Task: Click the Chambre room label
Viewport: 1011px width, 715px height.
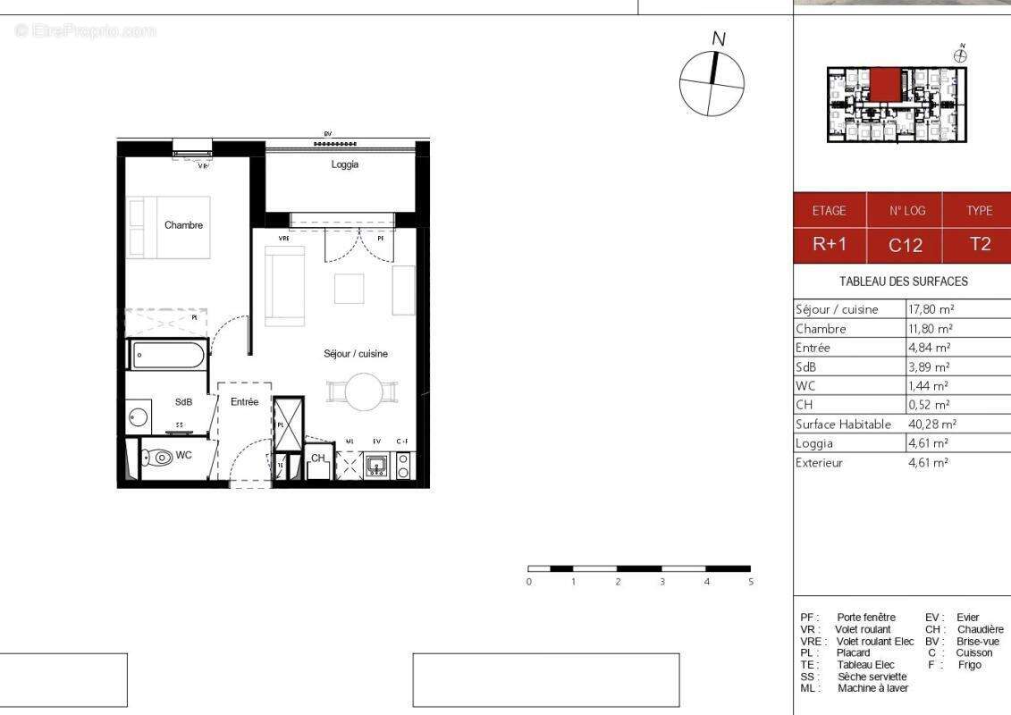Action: [x=183, y=225]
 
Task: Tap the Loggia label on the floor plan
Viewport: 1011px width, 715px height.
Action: [x=344, y=164]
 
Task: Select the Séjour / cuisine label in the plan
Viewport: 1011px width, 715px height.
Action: [x=356, y=354]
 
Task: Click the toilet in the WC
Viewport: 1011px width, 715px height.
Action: [x=161, y=457]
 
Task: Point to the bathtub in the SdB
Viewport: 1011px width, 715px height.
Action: [x=169, y=355]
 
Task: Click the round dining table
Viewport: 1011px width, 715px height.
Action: [x=363, y=391]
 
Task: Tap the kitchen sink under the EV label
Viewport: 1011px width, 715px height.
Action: [x=376, y=465]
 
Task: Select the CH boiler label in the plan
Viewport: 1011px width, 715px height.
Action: [x=317, y=458]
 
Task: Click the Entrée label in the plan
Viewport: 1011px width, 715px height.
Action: [x=244, y=402]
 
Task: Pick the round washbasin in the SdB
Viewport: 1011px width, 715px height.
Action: [x=138, y=416]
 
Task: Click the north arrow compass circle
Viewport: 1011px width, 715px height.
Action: [x=712, y=84]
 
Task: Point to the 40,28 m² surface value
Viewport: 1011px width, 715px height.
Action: [x=931, y=425]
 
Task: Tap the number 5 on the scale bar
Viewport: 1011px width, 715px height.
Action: [x=750, y=582]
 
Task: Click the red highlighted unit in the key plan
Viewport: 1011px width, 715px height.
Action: [x=885, y=87]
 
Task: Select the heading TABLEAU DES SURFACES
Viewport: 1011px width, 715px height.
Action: [x=903, y=282]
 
